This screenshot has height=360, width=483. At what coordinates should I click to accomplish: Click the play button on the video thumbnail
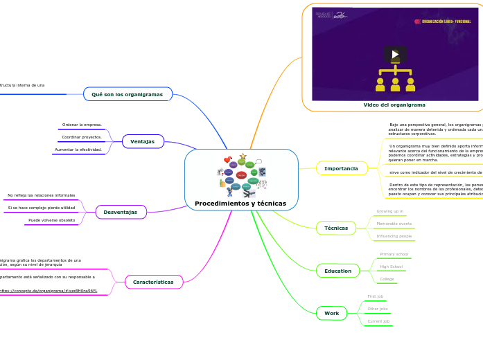click(395, 54)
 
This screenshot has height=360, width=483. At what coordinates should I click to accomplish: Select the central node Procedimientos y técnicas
click(240, 203)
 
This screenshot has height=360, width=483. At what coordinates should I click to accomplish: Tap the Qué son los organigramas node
click(127, 94)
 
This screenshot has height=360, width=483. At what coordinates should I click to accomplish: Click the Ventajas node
click(143, 141)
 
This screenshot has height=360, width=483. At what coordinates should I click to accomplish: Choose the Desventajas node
click(121, 212)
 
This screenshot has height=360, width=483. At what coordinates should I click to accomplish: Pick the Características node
click(153, 282)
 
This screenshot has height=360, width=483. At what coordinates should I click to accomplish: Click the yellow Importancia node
click(341, 168)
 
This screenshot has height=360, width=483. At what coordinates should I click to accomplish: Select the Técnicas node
click(336, 228)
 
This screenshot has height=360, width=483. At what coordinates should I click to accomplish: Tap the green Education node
click(337, 271)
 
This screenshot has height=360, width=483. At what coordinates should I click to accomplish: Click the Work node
click(332, 313)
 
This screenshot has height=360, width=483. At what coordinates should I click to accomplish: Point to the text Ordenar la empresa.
click(82, 125)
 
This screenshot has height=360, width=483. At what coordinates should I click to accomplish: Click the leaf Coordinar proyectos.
click(82, 137)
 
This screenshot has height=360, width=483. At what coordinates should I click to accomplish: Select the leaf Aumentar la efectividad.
click(78, 150)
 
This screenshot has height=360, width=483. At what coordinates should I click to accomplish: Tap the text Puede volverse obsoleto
click(51, 220)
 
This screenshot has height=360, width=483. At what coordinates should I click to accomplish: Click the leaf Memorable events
click(394, 224)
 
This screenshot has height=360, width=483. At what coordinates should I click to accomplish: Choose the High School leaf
click(391, 267)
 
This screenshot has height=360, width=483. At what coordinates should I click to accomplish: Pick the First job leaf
click(375, 296)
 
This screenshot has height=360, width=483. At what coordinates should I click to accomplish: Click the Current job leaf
click(378, 321)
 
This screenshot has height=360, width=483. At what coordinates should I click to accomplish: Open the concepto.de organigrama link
click(49, 291)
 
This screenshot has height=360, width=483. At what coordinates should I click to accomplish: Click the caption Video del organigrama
click(394, 105)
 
